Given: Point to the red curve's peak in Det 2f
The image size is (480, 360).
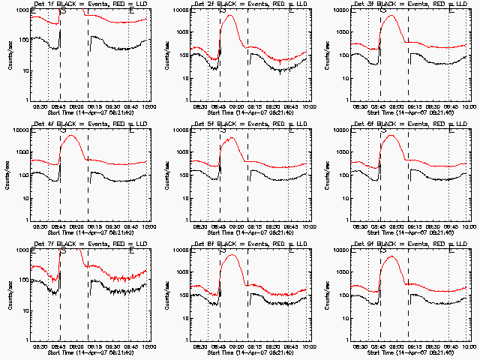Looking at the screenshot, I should coord(232,16).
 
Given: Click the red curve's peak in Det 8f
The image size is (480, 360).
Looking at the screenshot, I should coord(232,256).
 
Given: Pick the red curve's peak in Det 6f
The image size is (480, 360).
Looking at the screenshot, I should coord(392,136).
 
